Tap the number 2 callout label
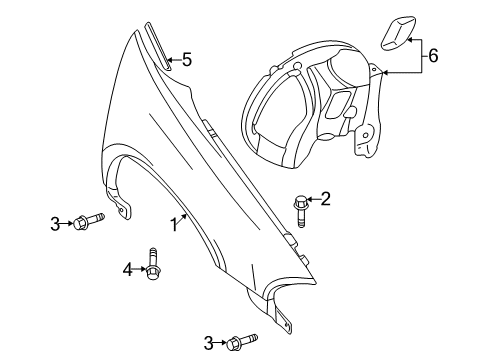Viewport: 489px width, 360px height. tap(324, 198)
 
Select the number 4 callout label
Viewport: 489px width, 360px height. tap(126, 268)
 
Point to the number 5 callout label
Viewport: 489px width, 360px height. tap(186, 60)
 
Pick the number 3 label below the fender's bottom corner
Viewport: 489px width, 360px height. tap(209, 343)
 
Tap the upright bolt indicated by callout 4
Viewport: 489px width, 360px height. tap(153, 263)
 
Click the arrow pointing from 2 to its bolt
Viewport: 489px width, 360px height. tap(313, 199)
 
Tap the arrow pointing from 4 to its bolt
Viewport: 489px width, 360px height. tap(138, 268)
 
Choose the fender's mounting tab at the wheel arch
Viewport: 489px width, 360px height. tap(123, 209)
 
